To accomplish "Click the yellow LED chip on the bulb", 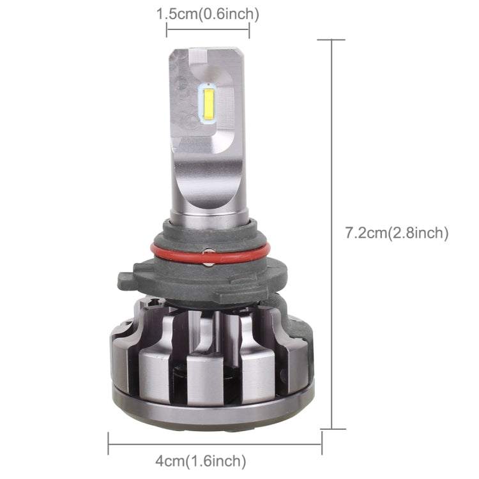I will pos(208,103).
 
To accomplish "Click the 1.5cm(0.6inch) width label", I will pos(208,13).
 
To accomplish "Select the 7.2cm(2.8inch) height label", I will pos(397,233).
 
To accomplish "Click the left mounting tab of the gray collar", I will pos(128,282).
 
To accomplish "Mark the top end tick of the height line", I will pos(331,40).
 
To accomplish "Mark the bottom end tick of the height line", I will pos(331,429).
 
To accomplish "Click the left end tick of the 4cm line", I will pos(109,443).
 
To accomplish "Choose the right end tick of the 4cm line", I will pos(321,443).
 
